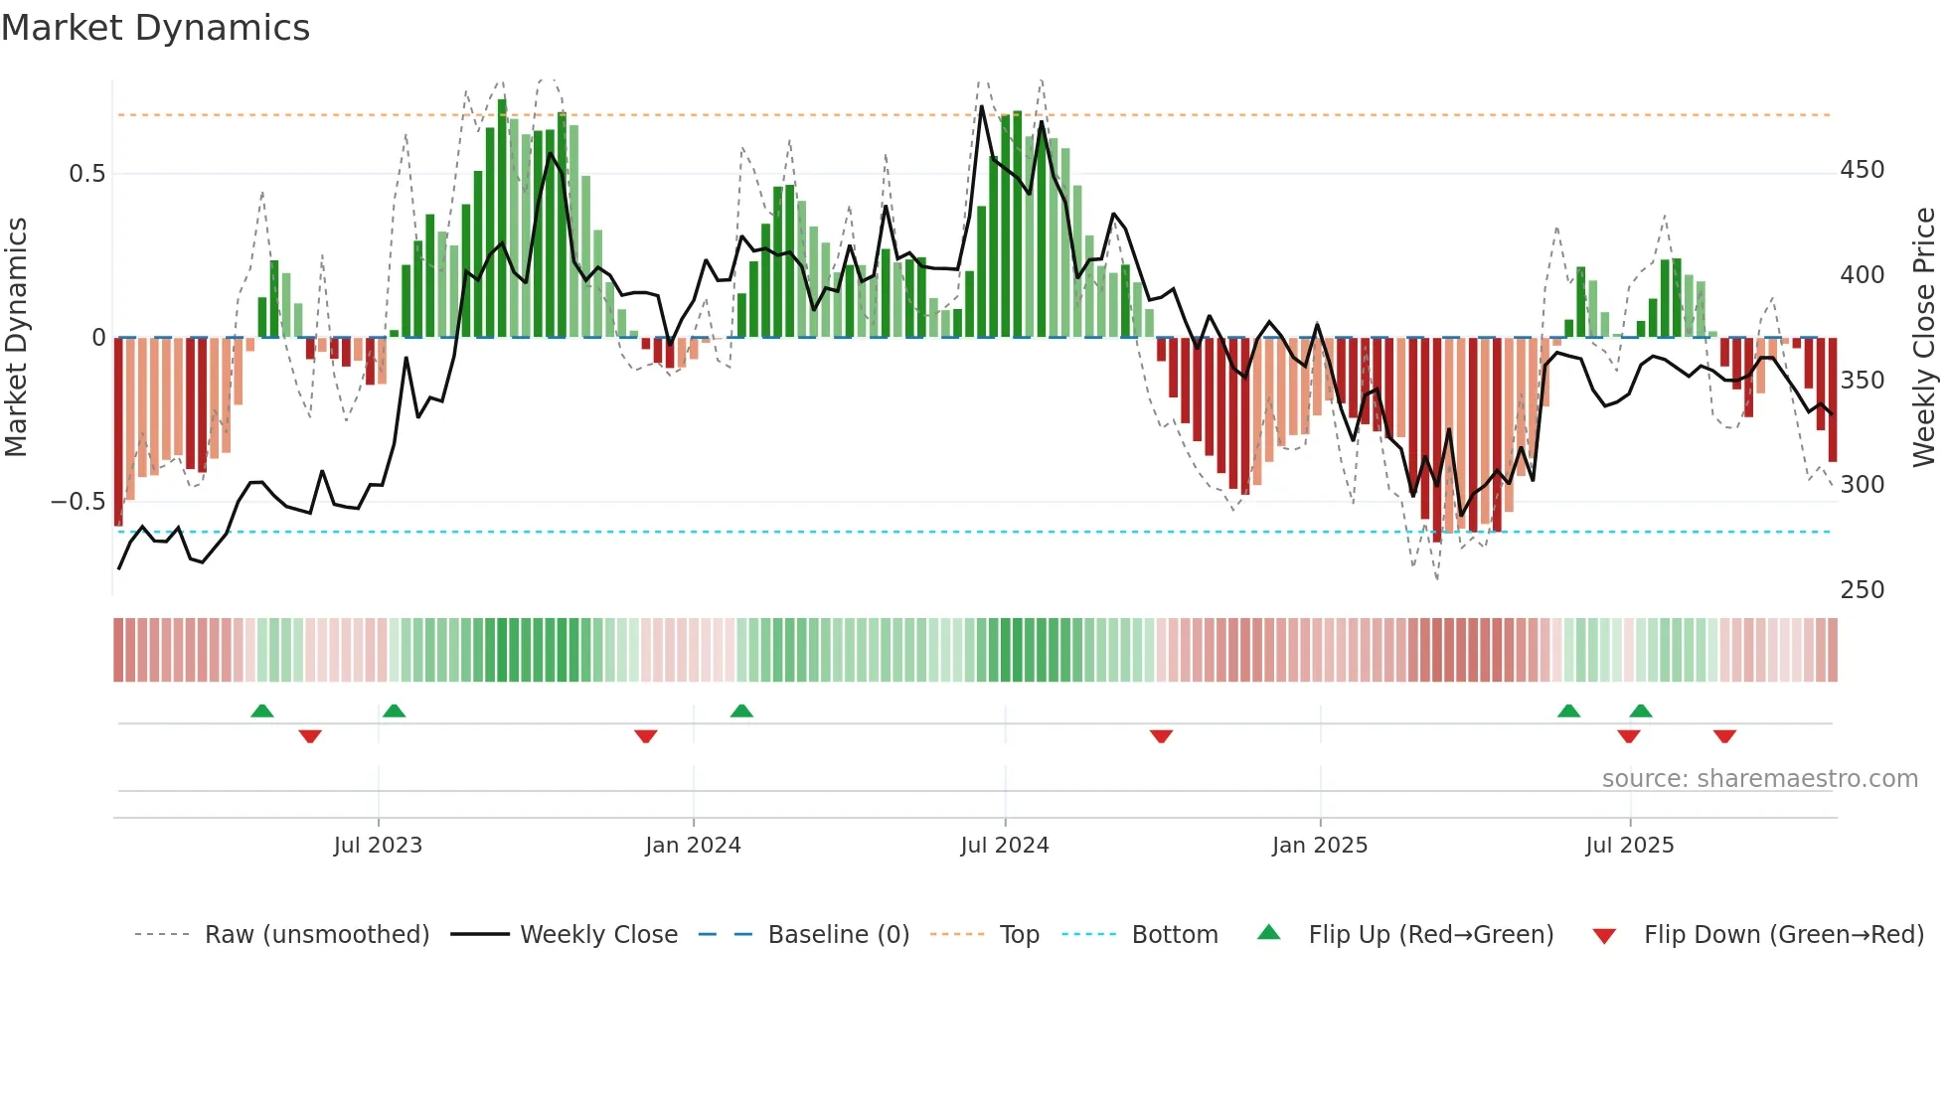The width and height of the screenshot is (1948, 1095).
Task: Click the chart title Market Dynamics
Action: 156,28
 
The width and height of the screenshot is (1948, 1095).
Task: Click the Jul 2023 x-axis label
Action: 378,846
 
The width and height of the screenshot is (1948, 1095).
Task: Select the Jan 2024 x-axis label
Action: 693,846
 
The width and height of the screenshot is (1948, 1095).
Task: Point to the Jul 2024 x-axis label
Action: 1005,846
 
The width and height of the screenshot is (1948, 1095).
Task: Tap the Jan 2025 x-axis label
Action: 1320,846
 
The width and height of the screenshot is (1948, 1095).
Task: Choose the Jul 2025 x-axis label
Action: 1630,846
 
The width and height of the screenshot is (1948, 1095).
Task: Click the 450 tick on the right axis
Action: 1862,170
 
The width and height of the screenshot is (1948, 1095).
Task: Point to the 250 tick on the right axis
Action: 1862,590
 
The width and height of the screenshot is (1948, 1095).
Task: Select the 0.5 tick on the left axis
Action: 86,174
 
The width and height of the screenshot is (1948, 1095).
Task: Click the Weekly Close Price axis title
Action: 1924,337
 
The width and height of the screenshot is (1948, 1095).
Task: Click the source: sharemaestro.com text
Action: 1759,779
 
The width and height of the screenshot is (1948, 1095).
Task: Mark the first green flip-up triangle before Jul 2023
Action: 262,711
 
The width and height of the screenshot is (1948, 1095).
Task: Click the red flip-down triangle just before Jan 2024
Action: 646,736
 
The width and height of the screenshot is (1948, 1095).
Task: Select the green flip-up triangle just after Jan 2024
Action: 741,711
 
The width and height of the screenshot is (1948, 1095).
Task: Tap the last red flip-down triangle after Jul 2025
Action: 1724,736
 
